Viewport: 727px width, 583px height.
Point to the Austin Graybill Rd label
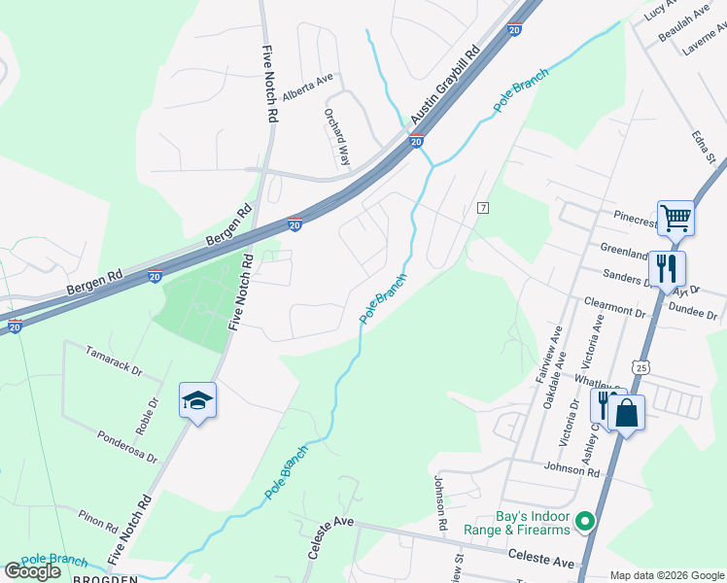pyautogui.click(x=444, y=86)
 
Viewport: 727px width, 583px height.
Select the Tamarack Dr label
pyautogui.click(x=113, y=361)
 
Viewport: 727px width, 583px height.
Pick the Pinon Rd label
pyautogui.click(x=99, y=522)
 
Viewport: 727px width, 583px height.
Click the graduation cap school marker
pyautogui.click(x=197, y=401)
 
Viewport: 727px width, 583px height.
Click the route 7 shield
pyautogui.click(x=482, y=208)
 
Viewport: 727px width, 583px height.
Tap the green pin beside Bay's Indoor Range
pyautogui.click(x=584, y=523)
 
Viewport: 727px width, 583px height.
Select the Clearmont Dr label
pyautogui.click(x=614, y=308)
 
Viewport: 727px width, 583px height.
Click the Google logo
pyautogui.click(x=33, y=571)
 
